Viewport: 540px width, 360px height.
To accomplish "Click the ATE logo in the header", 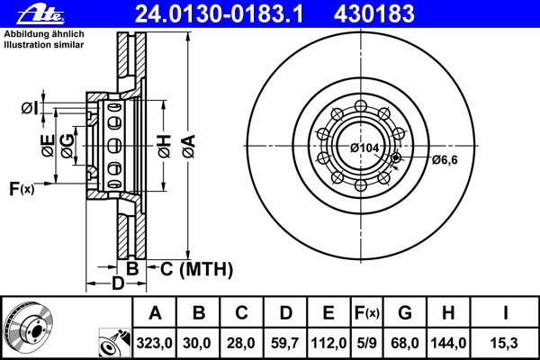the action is click(40, 14).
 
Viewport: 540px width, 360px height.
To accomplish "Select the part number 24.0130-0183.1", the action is click(219, 14).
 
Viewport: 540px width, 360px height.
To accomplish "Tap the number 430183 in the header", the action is click(374, 14).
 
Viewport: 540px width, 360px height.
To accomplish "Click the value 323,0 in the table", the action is click(154, 343).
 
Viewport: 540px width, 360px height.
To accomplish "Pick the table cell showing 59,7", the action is click(284, 343).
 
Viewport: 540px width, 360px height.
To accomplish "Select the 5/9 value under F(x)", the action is click(366, 343).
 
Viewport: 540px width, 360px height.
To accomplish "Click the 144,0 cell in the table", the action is click(448, 343).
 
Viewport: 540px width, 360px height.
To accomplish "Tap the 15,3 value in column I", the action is click(505, 343).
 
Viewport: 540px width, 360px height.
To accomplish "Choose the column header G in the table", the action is click(405, 313).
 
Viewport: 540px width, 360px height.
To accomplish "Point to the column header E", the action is click(328, 313).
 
